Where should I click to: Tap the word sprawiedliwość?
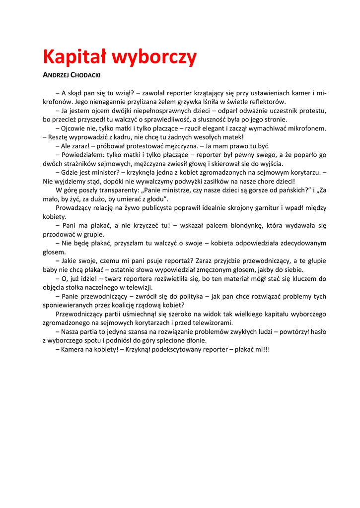click(x=164, y=119)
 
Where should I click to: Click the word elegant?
click(x=211, y=128)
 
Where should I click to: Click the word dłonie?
click(x=195, y=340)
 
